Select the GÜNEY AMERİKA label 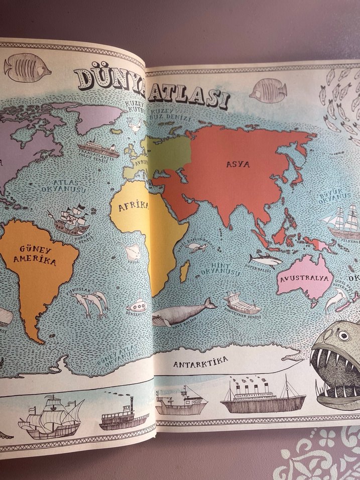pos(38,255)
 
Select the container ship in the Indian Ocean pos(241,303)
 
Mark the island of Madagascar pos(184,271)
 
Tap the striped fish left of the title pos(27,68)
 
